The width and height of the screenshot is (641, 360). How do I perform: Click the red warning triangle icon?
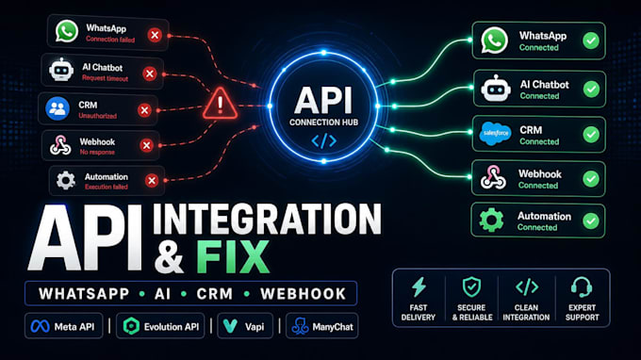[x=220, y=104]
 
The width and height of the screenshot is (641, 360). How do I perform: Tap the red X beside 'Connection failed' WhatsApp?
[x=155, y=35]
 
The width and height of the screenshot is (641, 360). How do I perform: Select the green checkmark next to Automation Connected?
[x=591, y=221]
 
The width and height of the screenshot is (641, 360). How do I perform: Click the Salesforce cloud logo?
[x=495, y=134]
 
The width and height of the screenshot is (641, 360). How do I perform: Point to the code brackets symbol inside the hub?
[x=323, y=141]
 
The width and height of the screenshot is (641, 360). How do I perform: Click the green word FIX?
[x=233, y=257]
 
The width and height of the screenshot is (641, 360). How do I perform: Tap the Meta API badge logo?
[x=40, y=326]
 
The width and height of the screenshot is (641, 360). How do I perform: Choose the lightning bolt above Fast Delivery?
[x=419, y=286]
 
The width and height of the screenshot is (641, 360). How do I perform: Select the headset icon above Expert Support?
[x=582, y=286]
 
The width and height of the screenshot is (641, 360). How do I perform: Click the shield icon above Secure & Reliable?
[x=471, y=286]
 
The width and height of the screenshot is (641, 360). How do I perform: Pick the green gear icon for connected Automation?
[x=491, y=220]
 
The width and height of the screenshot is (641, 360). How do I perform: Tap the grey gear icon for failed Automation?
[x=65, y=180]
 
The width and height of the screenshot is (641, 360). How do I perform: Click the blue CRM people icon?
[x=58, y=108]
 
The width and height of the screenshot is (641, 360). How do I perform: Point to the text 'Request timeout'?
[x=105, y=78]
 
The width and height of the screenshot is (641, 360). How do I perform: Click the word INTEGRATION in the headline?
[x=267, y=220]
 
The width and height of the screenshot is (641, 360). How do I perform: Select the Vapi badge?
[x=245, y=326]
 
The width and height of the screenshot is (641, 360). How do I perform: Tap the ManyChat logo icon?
[x=300, y=326]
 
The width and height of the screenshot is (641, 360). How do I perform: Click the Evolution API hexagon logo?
[x=131, y=326]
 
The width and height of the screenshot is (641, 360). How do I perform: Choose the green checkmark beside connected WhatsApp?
[x=591, y=41]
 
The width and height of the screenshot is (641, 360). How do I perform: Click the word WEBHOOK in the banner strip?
[x=304, y=294]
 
